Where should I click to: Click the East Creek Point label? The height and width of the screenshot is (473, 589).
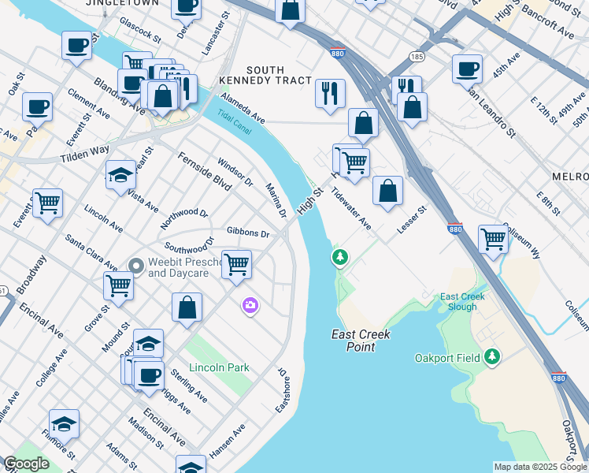[x=361, y=341]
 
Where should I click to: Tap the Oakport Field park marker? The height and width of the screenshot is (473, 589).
[x=492, y=358]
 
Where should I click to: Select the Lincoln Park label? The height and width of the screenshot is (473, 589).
[x=219, y=368]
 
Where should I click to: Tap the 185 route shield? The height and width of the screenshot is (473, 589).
[x=417, y=57]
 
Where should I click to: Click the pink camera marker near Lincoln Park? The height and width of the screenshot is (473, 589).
[x=250, y=305]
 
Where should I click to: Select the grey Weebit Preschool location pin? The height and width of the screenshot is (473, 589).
[x=136, y=266]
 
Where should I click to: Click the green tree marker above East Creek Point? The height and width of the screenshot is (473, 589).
[x=340, y=257]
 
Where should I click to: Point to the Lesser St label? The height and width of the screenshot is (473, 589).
[x=411, y=221]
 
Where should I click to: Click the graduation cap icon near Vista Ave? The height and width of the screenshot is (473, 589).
[x=120, y=174]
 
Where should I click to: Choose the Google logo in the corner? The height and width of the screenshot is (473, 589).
[x=26, y=464]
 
